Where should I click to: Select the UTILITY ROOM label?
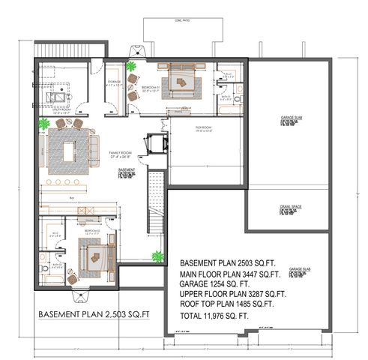click(x=58, y=110)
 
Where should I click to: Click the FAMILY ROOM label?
click(x=120, y=154)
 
